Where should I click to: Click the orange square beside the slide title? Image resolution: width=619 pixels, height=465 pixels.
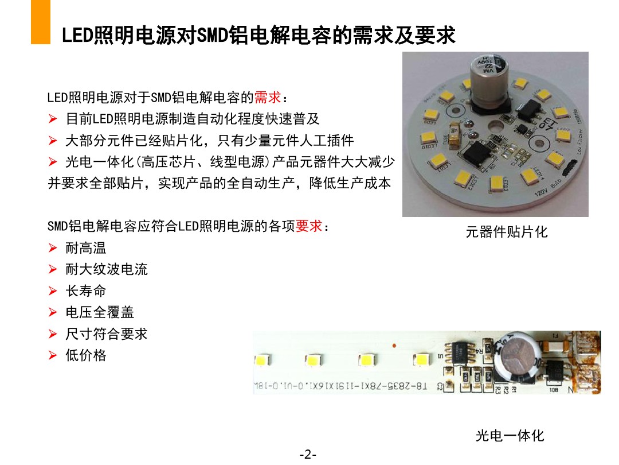[41, 22]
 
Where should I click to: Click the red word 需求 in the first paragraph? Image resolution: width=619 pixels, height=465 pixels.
[268, 98]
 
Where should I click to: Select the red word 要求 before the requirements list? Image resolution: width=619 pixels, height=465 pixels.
[308, 226]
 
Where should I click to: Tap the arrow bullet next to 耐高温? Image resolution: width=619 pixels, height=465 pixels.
[53, 249]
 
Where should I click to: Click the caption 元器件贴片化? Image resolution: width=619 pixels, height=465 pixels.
[507, 232]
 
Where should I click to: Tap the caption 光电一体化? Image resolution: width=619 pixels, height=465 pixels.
[510, 436]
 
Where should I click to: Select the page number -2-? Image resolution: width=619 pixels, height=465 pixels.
[308, 455]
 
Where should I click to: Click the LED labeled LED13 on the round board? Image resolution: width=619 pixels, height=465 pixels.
[499, 183]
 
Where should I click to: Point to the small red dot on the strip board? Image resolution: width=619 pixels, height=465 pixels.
[394, 345]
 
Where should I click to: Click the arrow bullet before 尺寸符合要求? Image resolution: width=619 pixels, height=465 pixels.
[53, 334]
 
